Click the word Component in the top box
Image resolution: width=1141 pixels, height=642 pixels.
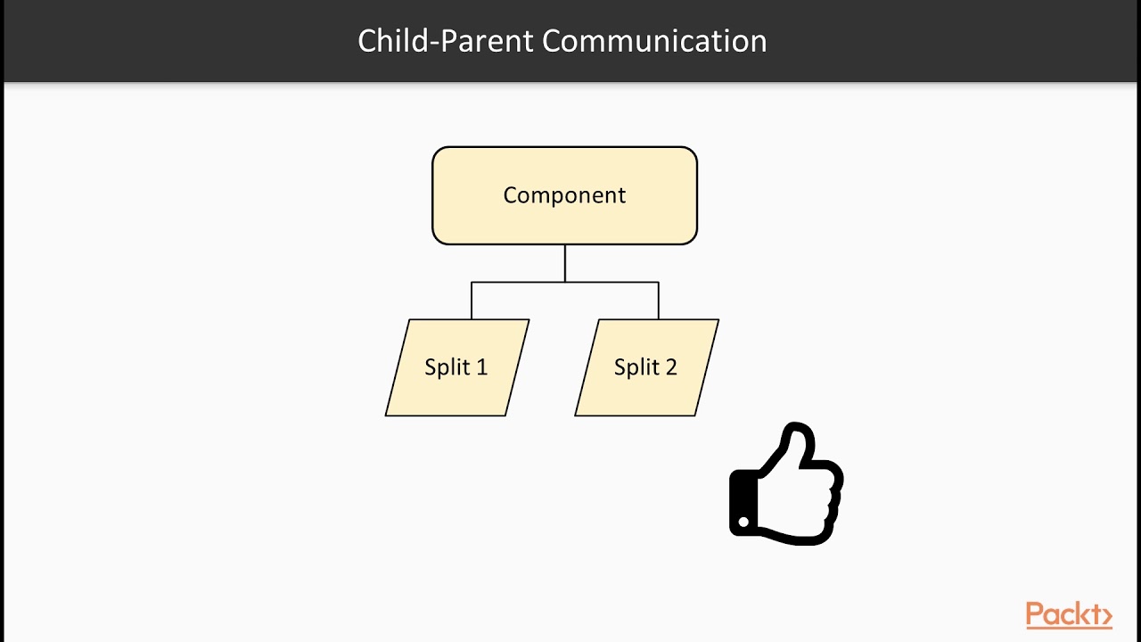point(564,195)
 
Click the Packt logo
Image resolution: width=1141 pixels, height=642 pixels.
point(1068,615)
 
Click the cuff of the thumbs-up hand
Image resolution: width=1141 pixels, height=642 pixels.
point(742,504)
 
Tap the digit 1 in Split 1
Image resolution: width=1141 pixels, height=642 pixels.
point(481,367)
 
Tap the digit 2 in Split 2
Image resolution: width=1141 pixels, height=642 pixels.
point(670,367)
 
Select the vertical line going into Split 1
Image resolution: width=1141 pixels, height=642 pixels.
point(472,301)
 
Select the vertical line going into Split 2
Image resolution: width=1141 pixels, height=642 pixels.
point(659,301)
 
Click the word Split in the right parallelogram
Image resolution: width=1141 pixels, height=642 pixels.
point(636,367)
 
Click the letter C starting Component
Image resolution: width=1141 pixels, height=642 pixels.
point(510,195)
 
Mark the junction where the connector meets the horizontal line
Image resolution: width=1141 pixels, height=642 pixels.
point(565,283)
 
